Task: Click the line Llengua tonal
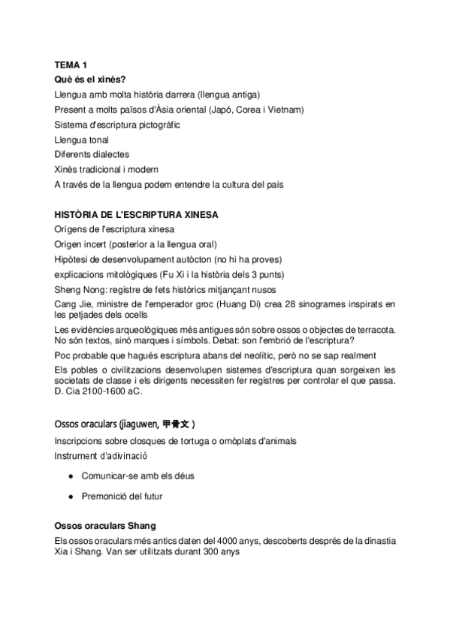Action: tap(82, 140)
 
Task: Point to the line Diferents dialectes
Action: tap(92, 154)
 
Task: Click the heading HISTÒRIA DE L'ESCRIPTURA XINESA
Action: tap(137, 214)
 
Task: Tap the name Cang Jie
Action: tap(73, 304)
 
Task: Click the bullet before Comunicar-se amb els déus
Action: tap(70, 475)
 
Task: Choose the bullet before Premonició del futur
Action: tap(70, 496)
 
